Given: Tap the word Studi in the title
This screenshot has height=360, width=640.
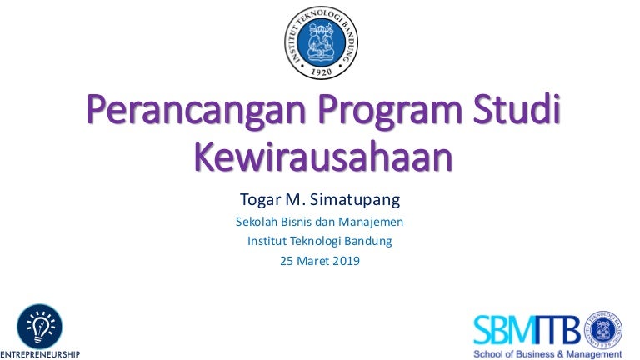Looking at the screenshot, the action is [x=517, y=108].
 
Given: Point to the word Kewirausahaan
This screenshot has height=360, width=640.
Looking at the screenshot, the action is [x=323, y=157].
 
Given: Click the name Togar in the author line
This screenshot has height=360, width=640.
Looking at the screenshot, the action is [x=260, y=200].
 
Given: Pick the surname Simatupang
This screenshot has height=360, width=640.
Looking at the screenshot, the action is [x=355, y=200].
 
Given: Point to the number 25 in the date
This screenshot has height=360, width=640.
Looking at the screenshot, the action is [x=287, y=261].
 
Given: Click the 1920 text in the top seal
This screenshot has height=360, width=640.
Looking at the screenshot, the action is [x=321, y=72].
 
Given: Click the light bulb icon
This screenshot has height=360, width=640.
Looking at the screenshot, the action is [x=40, y=327].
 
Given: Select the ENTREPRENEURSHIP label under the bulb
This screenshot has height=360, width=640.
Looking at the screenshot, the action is [x=40, y=354].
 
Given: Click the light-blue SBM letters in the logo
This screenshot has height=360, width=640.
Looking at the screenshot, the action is [x=503, y=330].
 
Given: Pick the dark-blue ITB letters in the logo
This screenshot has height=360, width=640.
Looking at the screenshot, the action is [x=557, y=330].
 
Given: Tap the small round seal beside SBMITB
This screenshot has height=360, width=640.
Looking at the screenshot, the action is [x=602, y=330].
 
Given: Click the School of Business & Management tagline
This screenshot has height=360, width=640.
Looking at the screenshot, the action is [x=547, y=354].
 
